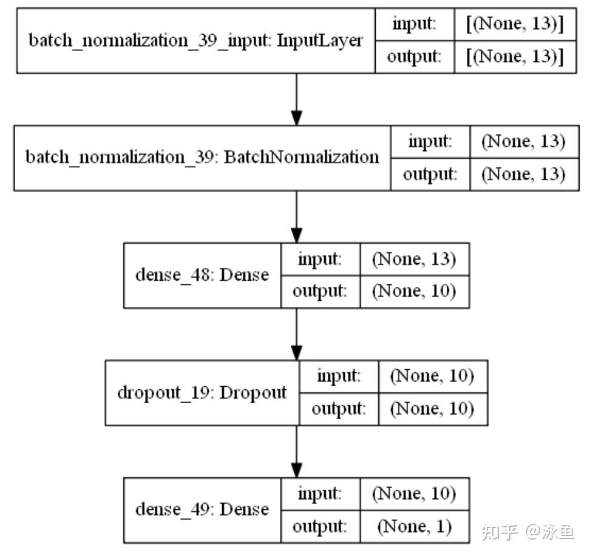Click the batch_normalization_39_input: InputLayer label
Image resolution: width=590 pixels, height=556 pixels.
tap(196, 41)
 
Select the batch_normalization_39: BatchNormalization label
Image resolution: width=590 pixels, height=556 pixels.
tap(202, 158)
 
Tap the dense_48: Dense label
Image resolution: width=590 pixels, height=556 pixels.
tap(202, 275)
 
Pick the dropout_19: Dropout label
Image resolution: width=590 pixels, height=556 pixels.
tap(202, 392)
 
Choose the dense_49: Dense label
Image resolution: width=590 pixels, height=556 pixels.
tap(202, 509)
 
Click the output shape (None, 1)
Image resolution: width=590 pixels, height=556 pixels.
tap(414, 526)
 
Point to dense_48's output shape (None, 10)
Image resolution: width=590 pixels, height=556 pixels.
tap(414, 292)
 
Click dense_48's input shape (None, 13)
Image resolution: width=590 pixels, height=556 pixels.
tap(414, 259)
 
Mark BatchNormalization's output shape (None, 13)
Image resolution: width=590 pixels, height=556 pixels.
tap(523, 174)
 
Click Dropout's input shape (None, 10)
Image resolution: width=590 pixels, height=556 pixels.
tap(432, 376)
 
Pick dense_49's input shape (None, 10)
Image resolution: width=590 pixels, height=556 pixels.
tap(414, 493)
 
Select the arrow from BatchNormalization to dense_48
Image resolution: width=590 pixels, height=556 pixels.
tap(296, 216)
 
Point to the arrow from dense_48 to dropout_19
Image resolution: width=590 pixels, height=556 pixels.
tap(296, 333)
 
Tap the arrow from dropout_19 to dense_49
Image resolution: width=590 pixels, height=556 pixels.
tap(296, 450)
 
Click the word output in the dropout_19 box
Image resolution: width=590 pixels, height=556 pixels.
tap(338, 409)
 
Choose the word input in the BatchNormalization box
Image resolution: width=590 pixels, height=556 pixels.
tap(430, 141)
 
